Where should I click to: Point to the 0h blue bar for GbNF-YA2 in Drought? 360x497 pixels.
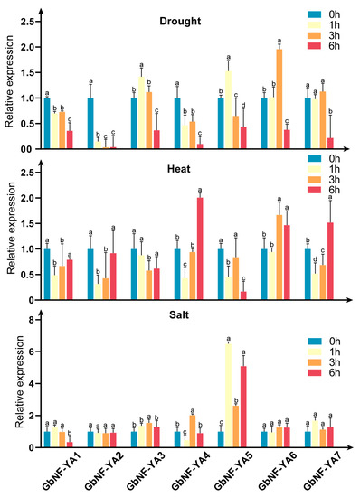click(x=90, y=123)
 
